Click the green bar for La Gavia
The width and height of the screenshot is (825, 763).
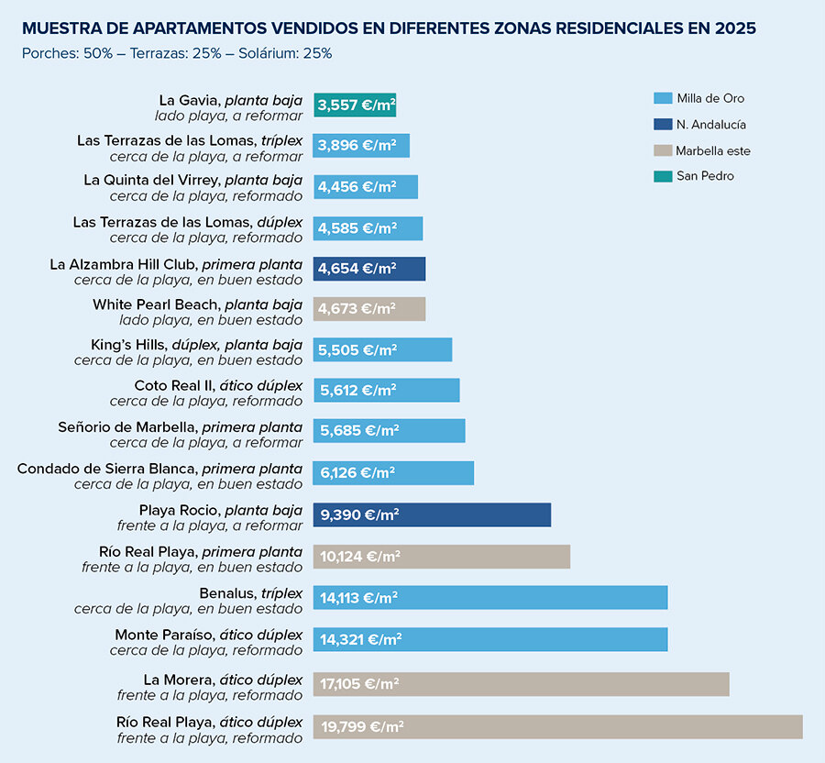pyautogui.click(x=354, y=105)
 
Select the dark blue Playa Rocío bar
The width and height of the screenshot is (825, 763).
pyautogui.click(x=432, y=514)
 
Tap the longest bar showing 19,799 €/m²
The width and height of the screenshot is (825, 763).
pyautogui.click(x=557, y=726)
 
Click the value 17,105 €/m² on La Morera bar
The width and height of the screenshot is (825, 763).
pyautogui.click(x=359, y=684)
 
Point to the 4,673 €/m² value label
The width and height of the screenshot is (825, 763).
pyautogui.click(x=357, y=309)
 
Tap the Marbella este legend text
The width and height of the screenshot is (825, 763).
pyautogui.click(x=712, y=150)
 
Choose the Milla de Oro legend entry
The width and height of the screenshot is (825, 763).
pyautogui.click(x=705, y=99)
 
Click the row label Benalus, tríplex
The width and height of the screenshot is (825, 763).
pyautogui.click(x=250, y=593)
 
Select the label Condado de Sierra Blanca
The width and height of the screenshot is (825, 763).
pyautogui.click(x=159, y=469)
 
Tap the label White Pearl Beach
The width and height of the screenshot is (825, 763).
pyautogui.click(x=197, y=304)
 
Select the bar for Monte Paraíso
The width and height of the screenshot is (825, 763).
pyautogui.click(x=489, y=639)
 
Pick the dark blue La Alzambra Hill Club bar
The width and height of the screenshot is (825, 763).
pyautogui.click(x=368, y=269)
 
